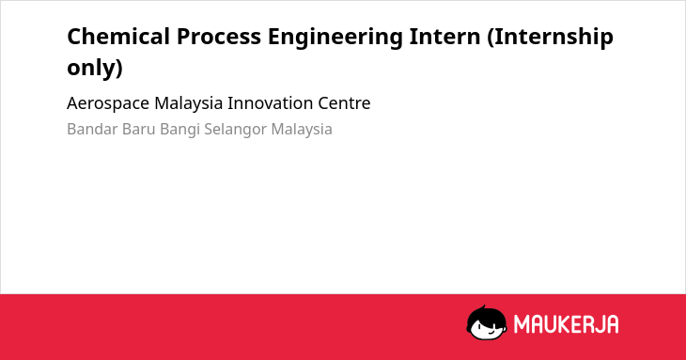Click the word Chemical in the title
[118, 37]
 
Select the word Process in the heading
[219, 37]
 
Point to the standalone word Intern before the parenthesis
[444, 37]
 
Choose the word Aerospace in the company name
[108, 104]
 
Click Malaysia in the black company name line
[189, 104]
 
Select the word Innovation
[271, 103]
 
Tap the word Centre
[344, 103]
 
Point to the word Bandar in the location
[92, 130]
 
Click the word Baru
[139, 130]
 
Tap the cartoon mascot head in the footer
[487, 323]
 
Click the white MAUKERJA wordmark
[566, 324]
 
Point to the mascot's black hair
[486, 316]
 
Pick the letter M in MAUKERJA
[522, 324]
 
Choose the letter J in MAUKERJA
[598, 324]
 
